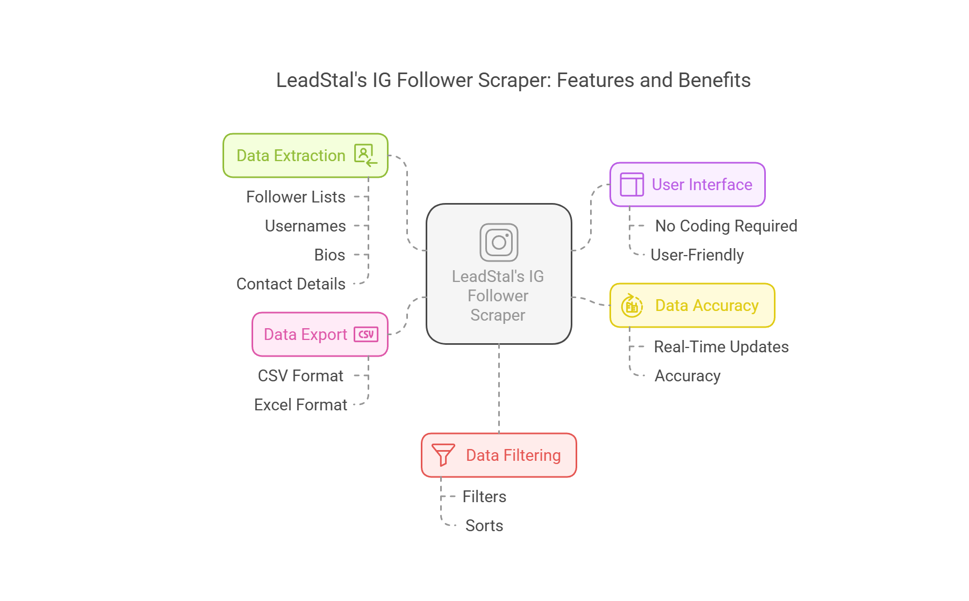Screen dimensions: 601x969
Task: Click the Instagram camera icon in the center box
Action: coord(499,242)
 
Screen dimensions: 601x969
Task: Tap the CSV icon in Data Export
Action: coord(366,335)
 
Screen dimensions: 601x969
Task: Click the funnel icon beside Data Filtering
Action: coord(443,455)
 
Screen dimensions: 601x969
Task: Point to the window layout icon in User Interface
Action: coord(631,185)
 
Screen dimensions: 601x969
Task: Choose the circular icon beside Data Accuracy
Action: coord(632,306)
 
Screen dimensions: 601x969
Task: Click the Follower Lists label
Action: coord(296,197)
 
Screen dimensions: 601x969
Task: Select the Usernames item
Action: coord(305,226)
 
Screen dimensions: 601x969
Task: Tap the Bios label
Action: coord(329,255)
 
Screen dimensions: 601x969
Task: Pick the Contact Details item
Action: coord(291,284)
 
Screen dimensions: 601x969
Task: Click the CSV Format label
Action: coord(300,376)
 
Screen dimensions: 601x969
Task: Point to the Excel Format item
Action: coord(300,405)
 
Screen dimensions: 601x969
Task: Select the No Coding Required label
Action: coord(726,226)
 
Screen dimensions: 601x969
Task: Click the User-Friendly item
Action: coord(697,255)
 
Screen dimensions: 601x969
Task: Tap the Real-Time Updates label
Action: coord(721,347)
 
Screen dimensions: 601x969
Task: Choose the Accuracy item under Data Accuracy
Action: coord(687,376)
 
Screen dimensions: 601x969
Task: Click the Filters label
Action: coord(484,497)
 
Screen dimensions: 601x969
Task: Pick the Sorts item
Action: coord(484,526)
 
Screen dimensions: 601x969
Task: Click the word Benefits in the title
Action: coord(714,81)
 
